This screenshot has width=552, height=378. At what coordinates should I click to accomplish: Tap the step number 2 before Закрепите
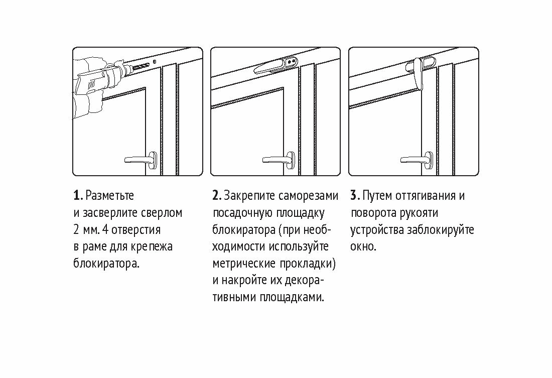(x=215, y=195)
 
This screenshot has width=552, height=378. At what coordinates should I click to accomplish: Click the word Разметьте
(x=110, y=195)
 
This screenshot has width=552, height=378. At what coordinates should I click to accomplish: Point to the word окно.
(x=363, y=246)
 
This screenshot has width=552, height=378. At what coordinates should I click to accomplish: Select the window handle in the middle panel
(x=281, y=159)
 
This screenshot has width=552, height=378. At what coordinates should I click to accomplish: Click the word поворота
(x=372, y=212)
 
